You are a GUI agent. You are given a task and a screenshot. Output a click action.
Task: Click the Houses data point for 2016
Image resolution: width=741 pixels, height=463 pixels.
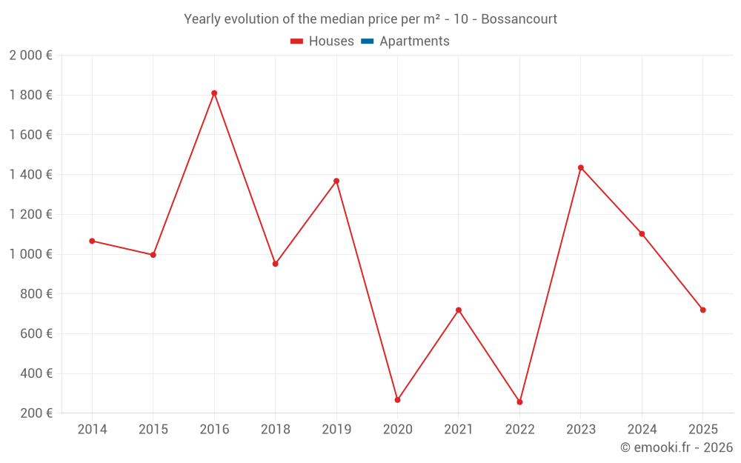tap(214, 93)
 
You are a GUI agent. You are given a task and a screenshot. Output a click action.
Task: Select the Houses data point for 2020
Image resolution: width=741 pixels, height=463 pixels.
tap(397, 400)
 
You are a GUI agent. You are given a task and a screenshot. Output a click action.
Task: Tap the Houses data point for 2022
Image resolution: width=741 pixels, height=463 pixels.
tap(519, 402)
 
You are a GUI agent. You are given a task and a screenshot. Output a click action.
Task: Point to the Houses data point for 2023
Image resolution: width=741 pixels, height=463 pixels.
tap(581, 167)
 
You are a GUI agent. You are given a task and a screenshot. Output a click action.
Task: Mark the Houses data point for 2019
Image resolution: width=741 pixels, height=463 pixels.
tap(336, 181)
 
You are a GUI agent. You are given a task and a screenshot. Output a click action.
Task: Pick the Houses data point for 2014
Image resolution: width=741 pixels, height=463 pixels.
tap(92, 241)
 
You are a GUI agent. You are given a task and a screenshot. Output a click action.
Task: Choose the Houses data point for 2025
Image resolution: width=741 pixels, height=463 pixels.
tap(702, 310)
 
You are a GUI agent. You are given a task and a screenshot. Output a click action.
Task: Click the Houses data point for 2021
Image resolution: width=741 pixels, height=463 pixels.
tap(459, 310)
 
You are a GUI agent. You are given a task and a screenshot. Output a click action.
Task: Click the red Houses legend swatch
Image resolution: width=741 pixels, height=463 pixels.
tap(297, 41)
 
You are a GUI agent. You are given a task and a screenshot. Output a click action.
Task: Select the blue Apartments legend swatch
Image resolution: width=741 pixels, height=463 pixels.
tap(368, 41)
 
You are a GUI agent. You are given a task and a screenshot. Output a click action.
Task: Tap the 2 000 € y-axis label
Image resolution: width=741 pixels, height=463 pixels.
tap(30, 55)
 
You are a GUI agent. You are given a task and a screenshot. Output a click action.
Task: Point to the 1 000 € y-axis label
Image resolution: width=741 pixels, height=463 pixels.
tap(30, 254)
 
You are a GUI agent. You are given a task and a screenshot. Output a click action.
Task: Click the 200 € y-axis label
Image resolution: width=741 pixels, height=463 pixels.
tap(35, 413)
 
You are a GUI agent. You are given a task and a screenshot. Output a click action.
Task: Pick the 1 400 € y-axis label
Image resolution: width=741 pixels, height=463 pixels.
tap(30, 175)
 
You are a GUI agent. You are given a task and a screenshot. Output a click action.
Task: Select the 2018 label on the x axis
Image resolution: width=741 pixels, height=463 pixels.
tap(275, 430)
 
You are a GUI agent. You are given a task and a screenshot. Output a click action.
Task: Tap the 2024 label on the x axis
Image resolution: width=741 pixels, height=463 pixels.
tap(642, 430)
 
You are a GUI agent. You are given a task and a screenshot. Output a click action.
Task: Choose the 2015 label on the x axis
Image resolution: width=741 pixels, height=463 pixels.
tap(153, 430)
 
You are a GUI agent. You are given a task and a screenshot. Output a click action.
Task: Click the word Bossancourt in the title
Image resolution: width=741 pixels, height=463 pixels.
tap(519, 19)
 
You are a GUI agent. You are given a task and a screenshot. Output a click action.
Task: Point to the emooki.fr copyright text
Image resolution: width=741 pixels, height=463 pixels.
tap(677, 447)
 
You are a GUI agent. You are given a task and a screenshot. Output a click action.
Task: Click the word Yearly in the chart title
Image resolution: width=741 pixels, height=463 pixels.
tap(202, 19)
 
